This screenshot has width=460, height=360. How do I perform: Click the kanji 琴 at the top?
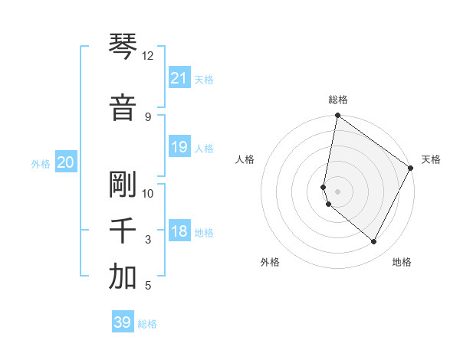coord(123,47)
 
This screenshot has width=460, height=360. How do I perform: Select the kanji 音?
coord(123,107)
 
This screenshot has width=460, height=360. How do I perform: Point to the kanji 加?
coord(123,277)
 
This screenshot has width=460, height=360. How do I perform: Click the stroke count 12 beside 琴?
coord(147,56)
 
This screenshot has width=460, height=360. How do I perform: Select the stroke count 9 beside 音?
coord(147,116)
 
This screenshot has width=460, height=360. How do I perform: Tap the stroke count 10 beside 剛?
coord(147,193)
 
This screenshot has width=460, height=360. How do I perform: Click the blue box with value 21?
coord(179,78)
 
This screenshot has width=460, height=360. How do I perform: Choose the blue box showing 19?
coord(179,147)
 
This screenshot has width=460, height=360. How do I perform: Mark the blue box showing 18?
coord(179,232)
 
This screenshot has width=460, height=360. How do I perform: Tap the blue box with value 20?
coord(66,162)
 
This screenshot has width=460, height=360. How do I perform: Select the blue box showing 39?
coord(123,322)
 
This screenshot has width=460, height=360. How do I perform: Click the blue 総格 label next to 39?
coord(147,324)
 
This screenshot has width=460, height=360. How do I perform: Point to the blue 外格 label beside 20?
coord(41,163)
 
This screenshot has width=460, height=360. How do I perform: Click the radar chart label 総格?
coord(338,100)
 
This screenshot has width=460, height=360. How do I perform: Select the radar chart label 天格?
coord(431,159)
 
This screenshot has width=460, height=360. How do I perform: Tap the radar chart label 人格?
coord(245,159)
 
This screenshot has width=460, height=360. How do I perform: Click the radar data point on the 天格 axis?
coord(411,169)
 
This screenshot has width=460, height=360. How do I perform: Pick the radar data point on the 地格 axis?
coord(374,242)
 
